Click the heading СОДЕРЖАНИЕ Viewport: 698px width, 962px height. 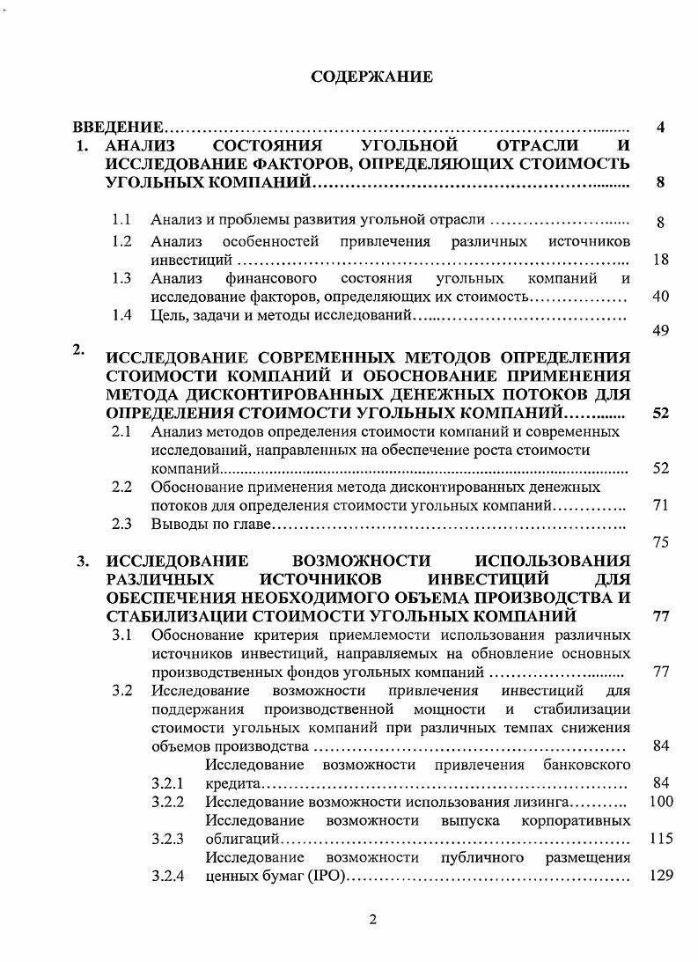pos(371,77)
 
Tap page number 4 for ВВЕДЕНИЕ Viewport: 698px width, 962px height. pos(661,128)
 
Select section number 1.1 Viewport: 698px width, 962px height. pos(122,219)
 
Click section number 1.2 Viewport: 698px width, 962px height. pos(122,240)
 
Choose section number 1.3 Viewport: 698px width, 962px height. pos(122,278)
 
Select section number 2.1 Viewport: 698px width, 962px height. pos(122,431)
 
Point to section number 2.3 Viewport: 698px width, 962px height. pos(122,525)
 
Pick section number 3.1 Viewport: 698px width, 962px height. pos(122,634)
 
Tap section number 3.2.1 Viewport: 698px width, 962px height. pos(166,782)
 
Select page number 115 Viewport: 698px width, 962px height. pos(660,839)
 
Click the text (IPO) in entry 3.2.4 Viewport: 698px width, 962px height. pos(334,877)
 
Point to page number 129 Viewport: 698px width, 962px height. pos(660,877)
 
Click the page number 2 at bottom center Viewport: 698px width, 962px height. pos(372,921)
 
